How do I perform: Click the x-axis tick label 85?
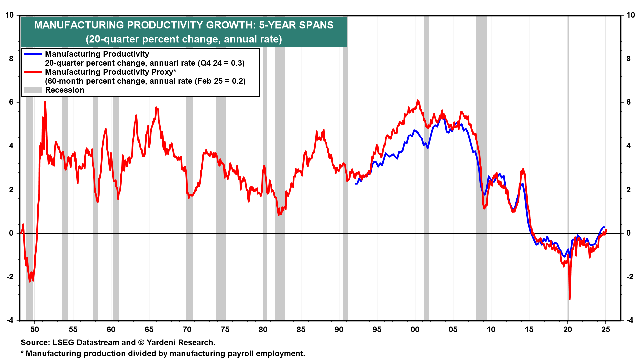301,330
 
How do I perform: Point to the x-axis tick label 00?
415,330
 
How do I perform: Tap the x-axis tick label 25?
605,330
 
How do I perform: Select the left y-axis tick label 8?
11,59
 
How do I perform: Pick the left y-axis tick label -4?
10,320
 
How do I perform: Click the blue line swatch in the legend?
33,54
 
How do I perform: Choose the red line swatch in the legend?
33,72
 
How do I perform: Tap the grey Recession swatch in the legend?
33,90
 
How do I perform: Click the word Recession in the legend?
65,90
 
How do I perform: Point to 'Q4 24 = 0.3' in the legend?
221,63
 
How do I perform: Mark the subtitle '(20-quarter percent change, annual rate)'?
184,39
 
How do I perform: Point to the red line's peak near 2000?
417,100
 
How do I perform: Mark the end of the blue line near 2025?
604,227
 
